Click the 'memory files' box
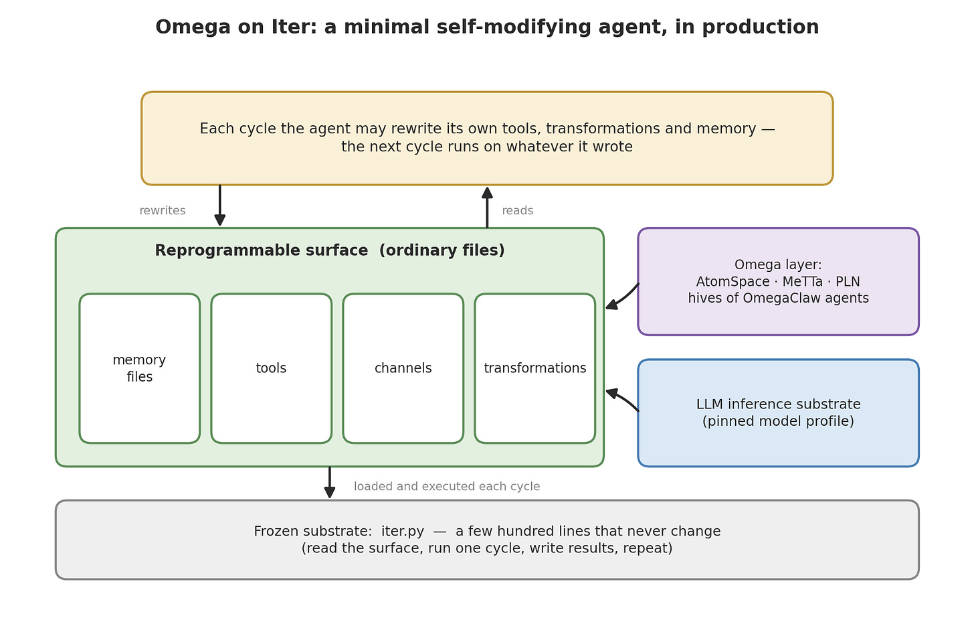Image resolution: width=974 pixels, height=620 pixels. (140, 368)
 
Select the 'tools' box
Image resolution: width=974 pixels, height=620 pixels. (272, 368)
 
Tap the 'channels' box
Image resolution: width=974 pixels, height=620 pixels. (403, 368)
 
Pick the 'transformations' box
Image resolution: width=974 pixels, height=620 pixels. (535, 368)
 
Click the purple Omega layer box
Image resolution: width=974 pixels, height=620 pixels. (779, 281)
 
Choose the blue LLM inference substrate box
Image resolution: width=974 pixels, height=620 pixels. (779, 413)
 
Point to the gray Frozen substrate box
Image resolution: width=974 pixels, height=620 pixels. (487, 540)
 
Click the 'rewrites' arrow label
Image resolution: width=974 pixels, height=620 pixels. (163, 211)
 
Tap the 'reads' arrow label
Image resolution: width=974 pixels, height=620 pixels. (518, 211)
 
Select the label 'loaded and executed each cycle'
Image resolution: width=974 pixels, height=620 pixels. (447, 487)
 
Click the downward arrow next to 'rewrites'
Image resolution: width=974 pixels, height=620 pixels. (220, 206)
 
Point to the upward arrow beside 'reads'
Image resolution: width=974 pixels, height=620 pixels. (487, 208)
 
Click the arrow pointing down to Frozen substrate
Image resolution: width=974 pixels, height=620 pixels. (330, 482)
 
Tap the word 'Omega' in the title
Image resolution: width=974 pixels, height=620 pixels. (193, 27)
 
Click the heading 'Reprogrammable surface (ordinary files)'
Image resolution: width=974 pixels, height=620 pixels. (330, 250)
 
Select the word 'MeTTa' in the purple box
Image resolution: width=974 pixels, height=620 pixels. (803, 281)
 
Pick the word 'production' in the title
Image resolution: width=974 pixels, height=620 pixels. (761, 27)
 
